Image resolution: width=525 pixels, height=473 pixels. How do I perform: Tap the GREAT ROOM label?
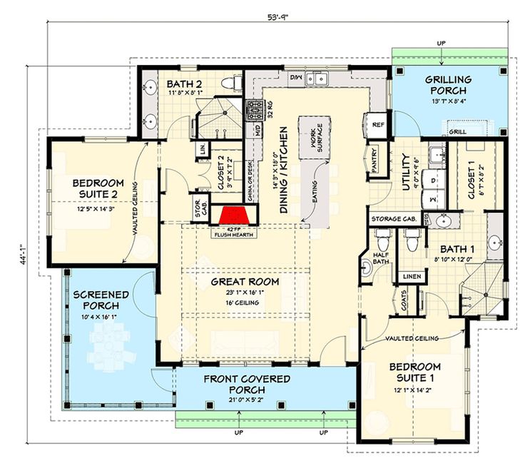click(x=245, y=281)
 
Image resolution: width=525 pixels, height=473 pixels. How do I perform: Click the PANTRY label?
click(x=372, y=161)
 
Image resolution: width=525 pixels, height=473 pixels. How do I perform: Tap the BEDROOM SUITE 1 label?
click(x=414, y=372)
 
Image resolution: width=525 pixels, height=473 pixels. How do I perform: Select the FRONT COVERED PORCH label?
click(x=247, y=385)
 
